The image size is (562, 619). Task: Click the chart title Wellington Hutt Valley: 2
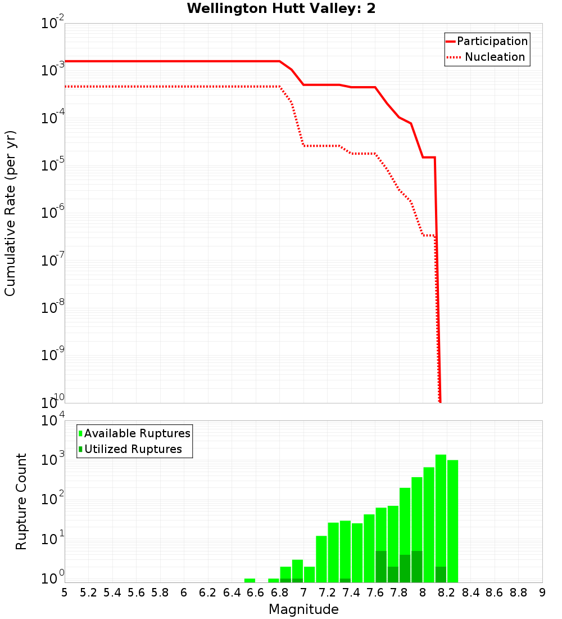(281, 8)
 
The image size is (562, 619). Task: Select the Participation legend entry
(492, 41)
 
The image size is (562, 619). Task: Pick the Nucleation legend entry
(495, 57)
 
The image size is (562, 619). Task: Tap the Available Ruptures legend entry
(137, 433)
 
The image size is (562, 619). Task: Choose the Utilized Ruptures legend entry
(133, 449)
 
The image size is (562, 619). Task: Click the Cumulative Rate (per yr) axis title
(10, 213)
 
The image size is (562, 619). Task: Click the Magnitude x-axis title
(303, 609)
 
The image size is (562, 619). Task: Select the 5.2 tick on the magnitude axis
(89, 592)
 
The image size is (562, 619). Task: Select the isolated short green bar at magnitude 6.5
(250, 580)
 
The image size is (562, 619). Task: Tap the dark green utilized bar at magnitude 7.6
(381, 567)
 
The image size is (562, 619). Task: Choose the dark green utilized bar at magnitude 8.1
(441, 575)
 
